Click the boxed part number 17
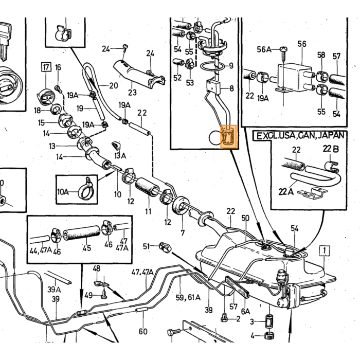46,67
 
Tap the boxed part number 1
325,251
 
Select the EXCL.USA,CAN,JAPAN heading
300,136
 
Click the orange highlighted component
228,136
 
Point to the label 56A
264,49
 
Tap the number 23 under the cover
132,93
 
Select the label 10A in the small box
63,191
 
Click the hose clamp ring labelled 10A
85,191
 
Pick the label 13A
120,156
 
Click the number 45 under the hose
87,248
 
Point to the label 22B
331,149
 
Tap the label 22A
286,191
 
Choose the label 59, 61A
188,298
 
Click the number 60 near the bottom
143,332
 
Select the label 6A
245,311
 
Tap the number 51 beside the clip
146,246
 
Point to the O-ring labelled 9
212,66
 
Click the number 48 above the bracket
97,268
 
